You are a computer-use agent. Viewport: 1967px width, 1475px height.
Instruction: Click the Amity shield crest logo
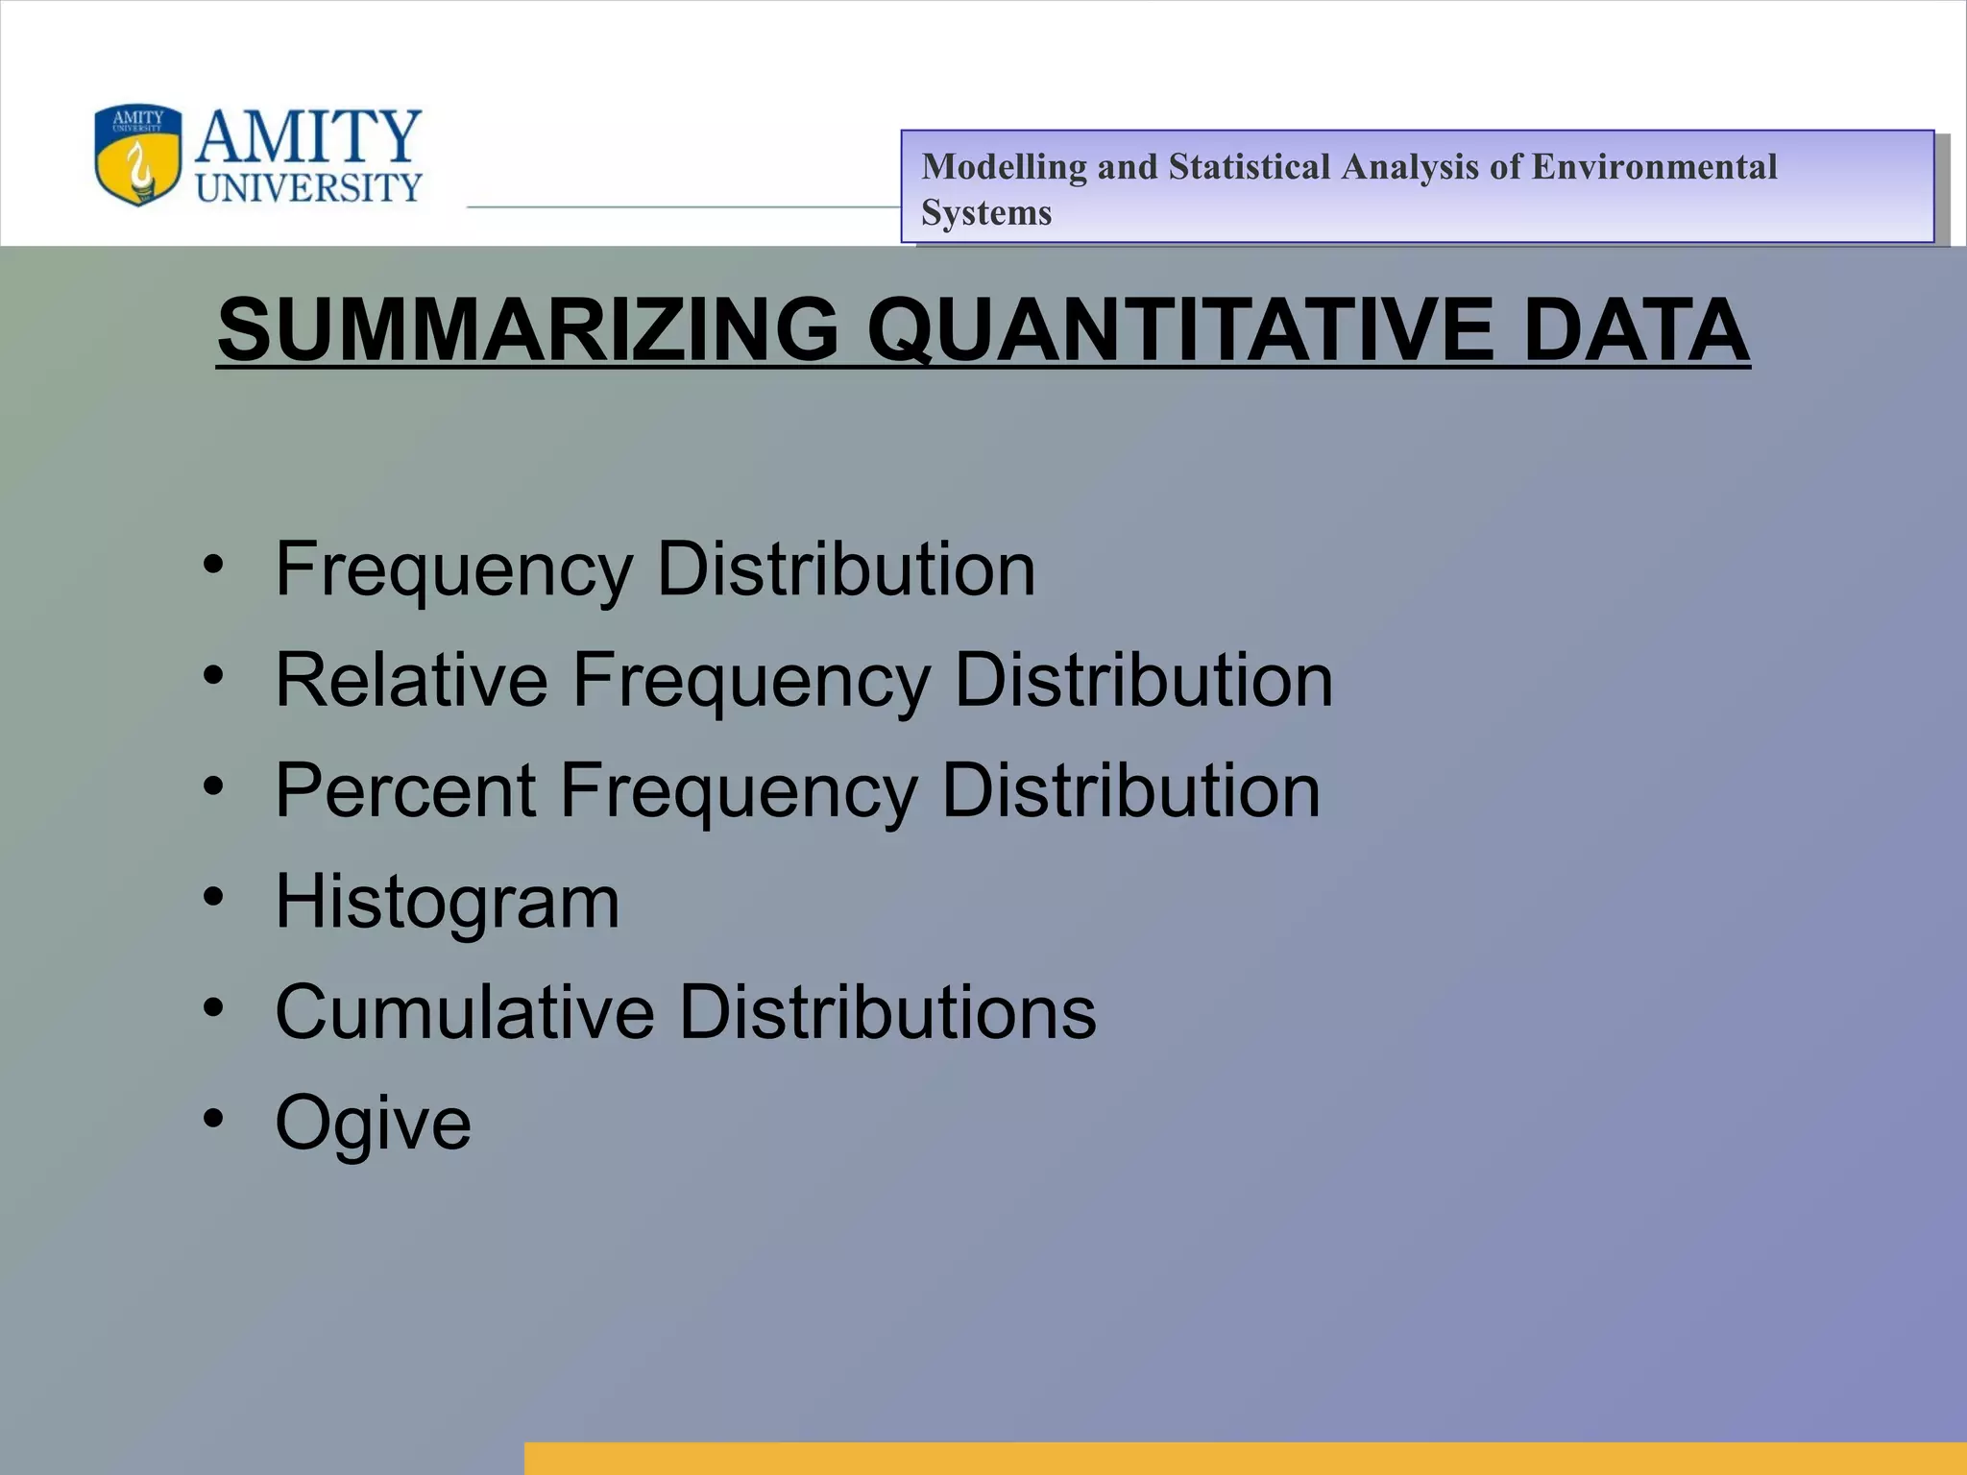click(x=137, y=155)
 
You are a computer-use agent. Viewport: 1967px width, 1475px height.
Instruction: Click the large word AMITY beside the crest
click(x=307, y=137)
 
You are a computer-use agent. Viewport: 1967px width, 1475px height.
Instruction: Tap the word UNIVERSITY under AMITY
click(x=308, y=188)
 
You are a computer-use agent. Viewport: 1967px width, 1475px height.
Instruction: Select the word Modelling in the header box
click(x=1004, y=167)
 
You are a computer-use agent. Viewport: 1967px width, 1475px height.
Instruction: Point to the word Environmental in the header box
click(x=1654, y=167)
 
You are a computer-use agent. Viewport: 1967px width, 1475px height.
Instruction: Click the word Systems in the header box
click(x=986, y=213)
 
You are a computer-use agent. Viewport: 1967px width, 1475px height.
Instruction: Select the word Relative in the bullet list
click(x=411, y=680)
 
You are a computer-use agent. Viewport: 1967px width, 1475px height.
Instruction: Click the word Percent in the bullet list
click(x=404, y=790)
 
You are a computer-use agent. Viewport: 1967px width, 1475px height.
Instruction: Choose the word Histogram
click(x=448, y=902)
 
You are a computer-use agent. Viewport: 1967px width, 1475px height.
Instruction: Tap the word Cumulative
click(x=465, y=1012)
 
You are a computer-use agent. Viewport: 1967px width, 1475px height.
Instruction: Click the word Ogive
click(x=373, y=1124)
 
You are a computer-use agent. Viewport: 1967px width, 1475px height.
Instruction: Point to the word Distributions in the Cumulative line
click(x=887, y=1012)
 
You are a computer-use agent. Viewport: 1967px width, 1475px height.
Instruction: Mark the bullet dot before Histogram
click(x=213, y=897)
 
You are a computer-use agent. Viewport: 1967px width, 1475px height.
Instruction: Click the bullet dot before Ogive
click(x=213, y=1118)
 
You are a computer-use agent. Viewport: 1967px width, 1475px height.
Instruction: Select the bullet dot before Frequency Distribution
click(x=213, y=565)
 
